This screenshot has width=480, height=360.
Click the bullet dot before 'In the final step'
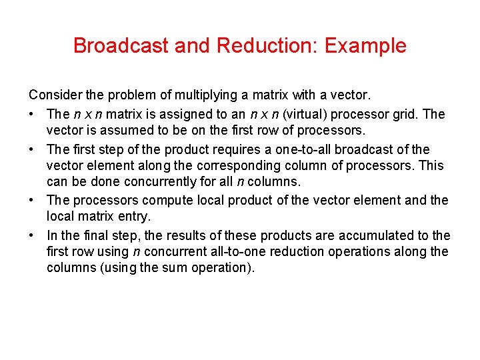point(33,235)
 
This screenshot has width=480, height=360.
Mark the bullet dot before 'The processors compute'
point(33,200)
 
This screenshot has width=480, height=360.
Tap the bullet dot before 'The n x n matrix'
point(33,114)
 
